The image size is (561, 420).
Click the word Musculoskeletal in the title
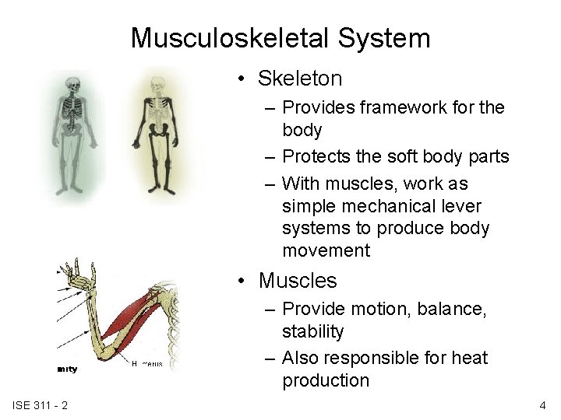tap(226, 38)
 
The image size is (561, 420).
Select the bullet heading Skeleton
tap(300, 79)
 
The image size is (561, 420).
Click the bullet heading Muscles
tap(298, 280)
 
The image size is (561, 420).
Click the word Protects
tap(316, 156)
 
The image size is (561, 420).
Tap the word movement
tap(326, 250)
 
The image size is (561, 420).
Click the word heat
tap(469, 358)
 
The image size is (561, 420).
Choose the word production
tap(326, 380)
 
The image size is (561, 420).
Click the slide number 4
tap(542, 405)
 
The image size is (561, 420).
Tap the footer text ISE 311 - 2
tap(41, 405)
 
